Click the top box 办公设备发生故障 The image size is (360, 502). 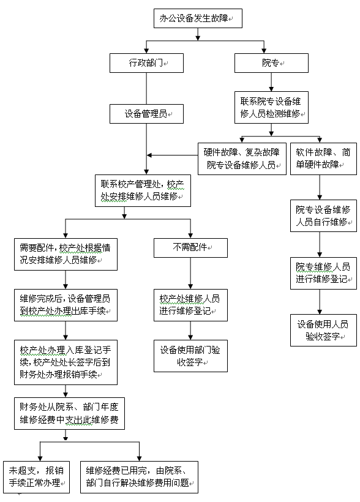pos(198,18)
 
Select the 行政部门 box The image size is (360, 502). pos(147,62)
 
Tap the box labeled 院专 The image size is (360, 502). pos(272,62)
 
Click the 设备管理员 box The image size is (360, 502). pos(147,114)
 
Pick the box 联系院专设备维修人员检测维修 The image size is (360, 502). pos(272,107)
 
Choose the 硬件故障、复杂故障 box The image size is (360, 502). pos(242,159)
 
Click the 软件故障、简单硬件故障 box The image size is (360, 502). pos(323,159)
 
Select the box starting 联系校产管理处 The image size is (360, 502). pos(143,190)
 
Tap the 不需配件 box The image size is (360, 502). pos(190,248)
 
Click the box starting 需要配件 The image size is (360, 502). pos(66,254)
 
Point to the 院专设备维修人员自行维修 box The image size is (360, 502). pos(323,215)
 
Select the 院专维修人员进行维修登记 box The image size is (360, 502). pos(323,273)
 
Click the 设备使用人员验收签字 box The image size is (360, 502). pos(323,330)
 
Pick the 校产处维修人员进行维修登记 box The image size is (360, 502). pos(190,305)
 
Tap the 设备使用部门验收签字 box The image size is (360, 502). pos(190,356)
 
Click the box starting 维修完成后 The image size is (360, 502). pos(66,305)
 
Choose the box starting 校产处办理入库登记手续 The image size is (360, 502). pos(66,362)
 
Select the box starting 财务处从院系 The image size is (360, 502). pos(70,413)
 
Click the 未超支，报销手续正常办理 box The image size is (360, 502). pos(37,477)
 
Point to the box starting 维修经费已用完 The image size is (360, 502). pos(140,477)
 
